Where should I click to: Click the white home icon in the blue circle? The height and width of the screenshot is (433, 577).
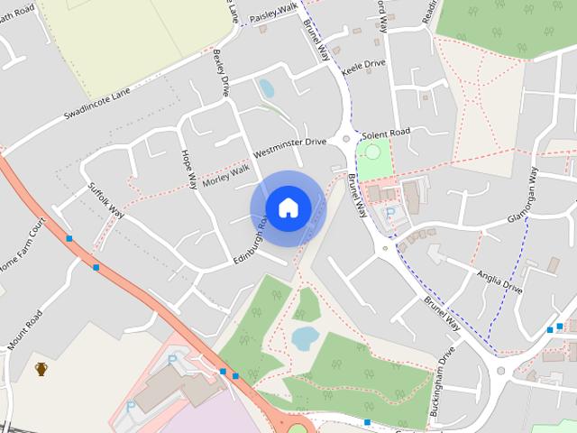[x=288, y=207]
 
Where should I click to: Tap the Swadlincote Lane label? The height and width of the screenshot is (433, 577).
[x=97, y=105]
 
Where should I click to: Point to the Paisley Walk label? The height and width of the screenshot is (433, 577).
[x=273, y=12]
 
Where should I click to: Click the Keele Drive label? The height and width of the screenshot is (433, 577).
[x=362, y=64]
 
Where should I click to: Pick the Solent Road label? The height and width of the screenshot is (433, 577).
[x=387, y=133]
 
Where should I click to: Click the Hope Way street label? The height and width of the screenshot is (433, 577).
[x=188, y=169]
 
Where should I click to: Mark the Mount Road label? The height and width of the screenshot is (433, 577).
[x=25, y=331]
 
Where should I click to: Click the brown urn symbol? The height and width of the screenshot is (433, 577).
[x=41, y=368]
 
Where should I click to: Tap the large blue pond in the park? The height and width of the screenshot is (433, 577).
[x=304, y=338]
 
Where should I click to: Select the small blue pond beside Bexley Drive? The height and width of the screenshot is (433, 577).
[x=266, y=88]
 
